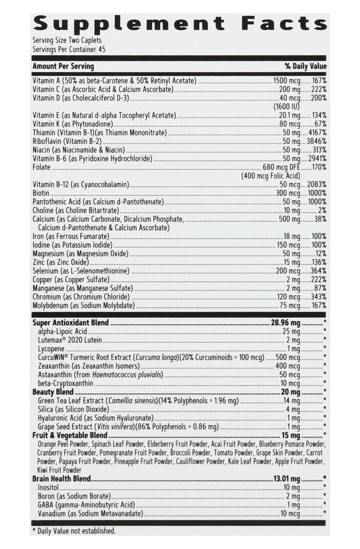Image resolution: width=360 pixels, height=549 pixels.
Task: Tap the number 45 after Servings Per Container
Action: coord(102,49)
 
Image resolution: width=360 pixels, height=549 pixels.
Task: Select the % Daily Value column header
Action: coord(305,66)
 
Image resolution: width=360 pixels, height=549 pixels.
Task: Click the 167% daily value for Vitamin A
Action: coord(319,81)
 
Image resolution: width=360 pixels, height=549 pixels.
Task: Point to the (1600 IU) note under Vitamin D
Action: coord(286,107)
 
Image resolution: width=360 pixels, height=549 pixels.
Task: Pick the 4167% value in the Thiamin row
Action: coord(316,133)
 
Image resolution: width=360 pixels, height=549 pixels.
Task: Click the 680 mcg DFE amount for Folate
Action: coord(281,167)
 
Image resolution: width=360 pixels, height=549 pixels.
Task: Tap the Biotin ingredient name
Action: coord(41,193)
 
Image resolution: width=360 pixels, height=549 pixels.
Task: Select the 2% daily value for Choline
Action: coord(322,210)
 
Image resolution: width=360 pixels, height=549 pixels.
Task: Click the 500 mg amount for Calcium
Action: coord(289,219)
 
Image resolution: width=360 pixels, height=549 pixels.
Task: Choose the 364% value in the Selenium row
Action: coord(318,271)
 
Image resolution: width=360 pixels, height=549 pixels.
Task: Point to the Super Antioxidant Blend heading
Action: coord(71,323)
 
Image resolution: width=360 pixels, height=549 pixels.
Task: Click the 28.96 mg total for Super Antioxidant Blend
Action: coord(285,323)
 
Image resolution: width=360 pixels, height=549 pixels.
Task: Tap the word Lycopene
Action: coord(51,349)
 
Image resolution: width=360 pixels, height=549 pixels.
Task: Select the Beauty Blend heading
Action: coord(53,392)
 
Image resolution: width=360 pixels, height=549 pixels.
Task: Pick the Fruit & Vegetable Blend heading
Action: coord(70,435)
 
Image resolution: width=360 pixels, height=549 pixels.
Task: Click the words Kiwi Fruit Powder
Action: coord(59,470)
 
